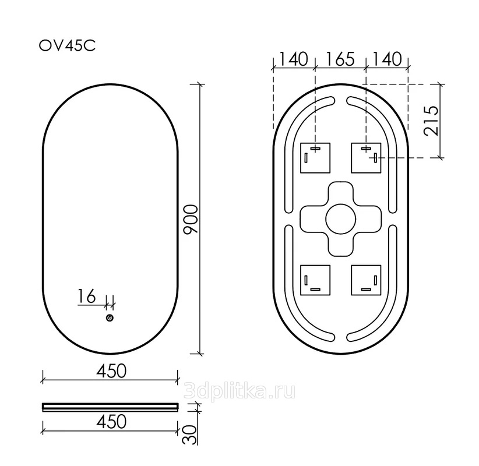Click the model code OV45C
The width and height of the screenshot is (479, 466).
tap(67, 46)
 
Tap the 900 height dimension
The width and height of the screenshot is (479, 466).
tap(191, 219)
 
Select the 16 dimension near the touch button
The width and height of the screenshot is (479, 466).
tap(86, 296)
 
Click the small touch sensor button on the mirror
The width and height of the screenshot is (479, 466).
tap(110, 318)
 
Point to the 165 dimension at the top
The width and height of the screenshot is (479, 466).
tap(340, 59)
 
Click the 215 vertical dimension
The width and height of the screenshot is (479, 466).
tap(431, 121)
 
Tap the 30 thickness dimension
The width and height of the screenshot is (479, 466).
tap(189, 435)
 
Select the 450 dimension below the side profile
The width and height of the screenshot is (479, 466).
tap(111, 422)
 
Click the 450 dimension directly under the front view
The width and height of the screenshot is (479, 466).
tap(111, 371)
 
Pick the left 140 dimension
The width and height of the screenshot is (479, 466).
tap(294, 59)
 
